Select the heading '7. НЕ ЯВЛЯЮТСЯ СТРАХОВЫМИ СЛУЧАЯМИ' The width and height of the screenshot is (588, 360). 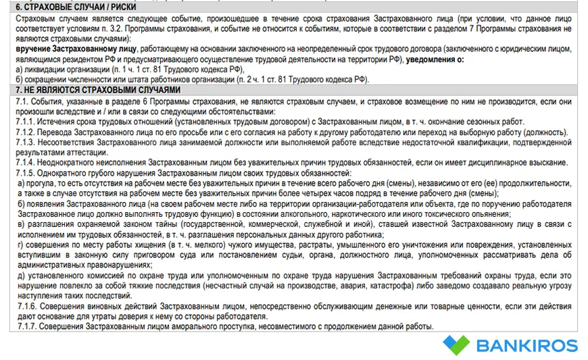click(91, 89)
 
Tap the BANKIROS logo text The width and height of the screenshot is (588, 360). click(527, 346)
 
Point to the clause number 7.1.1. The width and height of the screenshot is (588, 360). click(27, 122)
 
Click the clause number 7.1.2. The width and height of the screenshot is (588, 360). click(27, 132)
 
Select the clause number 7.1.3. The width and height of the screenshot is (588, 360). click(27, 143)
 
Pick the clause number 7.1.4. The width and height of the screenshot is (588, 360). click(27, 163)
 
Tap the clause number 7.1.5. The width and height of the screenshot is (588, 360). click(27, 173)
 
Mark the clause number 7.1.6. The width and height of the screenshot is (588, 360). click(27, 306)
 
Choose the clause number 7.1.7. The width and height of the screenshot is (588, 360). click(27, 326)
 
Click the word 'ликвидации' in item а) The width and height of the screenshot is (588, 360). click(47, 70)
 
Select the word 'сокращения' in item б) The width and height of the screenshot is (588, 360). click(47, 79)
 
